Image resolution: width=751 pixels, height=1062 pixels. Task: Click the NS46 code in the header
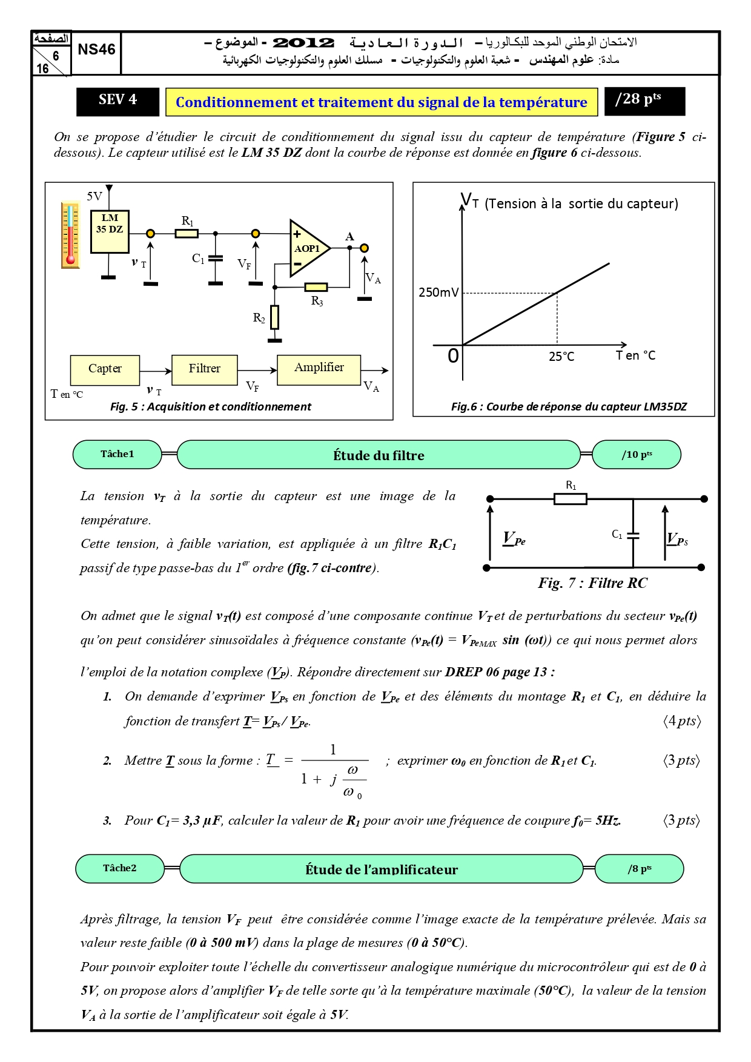pos(96,50)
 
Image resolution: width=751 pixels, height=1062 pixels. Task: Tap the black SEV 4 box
pos(118,101)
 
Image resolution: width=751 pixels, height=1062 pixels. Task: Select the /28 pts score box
pos(644,101)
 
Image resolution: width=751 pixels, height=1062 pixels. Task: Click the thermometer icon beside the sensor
pos(71,235)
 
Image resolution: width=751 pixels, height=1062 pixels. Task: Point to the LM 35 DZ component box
pos(110,231)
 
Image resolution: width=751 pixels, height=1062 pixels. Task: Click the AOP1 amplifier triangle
pos(309,248)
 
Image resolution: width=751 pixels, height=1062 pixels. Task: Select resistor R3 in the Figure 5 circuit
pos(316,287)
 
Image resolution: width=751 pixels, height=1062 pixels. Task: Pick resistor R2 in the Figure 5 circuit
pos(274,317)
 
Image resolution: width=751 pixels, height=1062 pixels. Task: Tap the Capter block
pos(105,370)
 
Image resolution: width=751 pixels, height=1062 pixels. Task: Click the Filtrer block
pos(205,370)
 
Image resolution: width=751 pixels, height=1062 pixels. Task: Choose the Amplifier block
pos(319,370)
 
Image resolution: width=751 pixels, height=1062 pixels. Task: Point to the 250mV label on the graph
pos(438,292)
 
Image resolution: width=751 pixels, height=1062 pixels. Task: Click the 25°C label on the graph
pos(561,357)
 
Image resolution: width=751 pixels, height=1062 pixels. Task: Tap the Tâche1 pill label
pos(117,454)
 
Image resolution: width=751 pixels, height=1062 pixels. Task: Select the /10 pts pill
pos(637,455)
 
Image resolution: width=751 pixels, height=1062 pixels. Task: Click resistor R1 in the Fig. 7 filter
pos(571,499)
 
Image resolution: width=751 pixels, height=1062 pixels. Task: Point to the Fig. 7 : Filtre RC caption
pos(592,583)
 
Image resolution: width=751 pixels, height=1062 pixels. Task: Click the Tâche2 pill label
pos(120,868)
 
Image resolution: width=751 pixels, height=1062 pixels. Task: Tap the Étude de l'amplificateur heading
pos(382,869)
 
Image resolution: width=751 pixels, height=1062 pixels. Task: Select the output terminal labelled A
pos(364,248)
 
